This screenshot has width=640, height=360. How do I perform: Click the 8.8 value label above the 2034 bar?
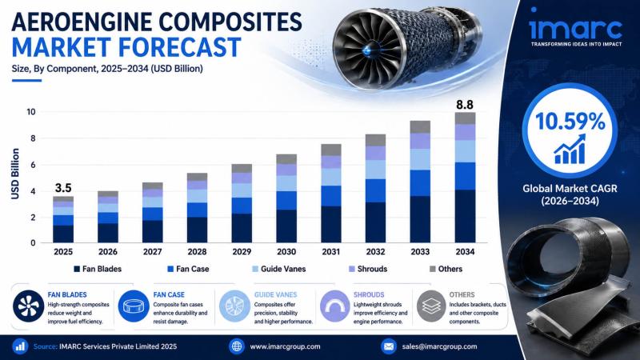465,105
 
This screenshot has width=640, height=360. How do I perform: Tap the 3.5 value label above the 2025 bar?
63,188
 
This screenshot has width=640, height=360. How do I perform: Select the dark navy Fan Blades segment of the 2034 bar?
465,216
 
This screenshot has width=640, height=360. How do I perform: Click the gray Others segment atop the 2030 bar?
286,159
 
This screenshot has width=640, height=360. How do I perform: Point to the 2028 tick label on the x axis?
197,252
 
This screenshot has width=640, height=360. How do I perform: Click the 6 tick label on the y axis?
33,166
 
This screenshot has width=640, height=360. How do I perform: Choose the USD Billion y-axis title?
15,174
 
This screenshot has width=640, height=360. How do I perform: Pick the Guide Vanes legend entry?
278,269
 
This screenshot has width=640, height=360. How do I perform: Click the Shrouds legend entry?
368,269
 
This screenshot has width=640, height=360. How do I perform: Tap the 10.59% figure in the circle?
570,122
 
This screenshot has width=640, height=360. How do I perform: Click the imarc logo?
575,28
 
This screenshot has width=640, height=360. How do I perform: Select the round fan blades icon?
29,306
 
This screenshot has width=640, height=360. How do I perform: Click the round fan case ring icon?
134,306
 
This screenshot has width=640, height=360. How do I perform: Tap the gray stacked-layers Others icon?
431,306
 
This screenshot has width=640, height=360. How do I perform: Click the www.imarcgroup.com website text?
285,346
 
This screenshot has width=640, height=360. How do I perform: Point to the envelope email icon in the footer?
389,346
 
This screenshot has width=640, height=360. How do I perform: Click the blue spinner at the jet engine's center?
368,50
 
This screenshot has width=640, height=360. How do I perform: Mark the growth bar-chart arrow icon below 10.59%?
570,150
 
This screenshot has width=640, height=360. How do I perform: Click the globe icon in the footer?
237,346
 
